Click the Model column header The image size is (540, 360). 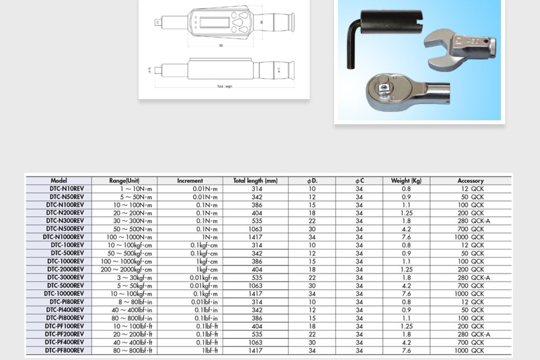coord(59,181)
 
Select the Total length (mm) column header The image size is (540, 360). coord(255,181)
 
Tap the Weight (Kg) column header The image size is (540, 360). coord(406,181)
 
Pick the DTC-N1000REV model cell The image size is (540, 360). coord(63,237)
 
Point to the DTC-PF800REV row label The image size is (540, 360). coord(64,350)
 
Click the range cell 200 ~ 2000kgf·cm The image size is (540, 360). coord(126,269)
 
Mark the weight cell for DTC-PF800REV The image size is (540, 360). coord(406,350)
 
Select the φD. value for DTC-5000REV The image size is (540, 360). coord(312,286)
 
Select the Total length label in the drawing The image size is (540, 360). coord(225,86)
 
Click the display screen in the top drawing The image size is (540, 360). coord(214,22)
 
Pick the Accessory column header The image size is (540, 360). coord(470,181)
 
